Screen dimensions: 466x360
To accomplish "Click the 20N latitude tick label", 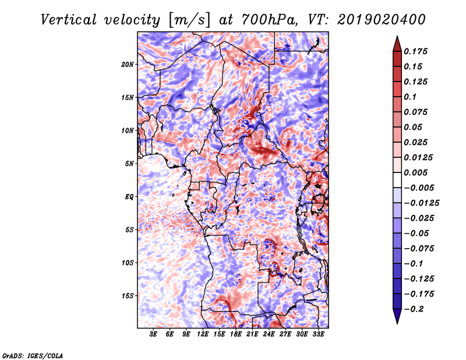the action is [x=127, y=65].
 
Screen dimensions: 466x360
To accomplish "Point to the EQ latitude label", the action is [x=129, y=197].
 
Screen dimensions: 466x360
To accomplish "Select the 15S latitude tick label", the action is [x=128, y=296].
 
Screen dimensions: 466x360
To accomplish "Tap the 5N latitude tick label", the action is [x=129, y=164].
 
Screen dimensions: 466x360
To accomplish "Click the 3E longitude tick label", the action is [x=153, y=334].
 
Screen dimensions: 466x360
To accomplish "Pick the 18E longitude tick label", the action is [x=235, y=334].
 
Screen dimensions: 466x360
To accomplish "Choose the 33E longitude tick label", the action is [x=318, y=334].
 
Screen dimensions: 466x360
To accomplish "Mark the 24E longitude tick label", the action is [x=269, y=334].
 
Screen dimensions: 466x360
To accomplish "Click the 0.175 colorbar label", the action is [x=415, y=51].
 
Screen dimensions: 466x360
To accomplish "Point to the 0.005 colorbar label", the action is [x=415, y=172].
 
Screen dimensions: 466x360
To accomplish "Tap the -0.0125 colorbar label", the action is [x=421, y=203].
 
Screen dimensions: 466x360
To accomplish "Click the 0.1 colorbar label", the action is [x=410, y=97].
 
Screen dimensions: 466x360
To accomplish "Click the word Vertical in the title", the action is [x=69, y=20].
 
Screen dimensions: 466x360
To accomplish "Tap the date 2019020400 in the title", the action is [x=382, y=20].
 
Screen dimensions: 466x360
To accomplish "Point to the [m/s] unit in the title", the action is [x=189, y=20].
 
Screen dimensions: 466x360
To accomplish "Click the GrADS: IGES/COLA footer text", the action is [x=33, y=356].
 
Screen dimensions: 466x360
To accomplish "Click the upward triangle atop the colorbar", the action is [x=397, y=44].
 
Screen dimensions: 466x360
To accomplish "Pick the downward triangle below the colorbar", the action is [x=397, y=316].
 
